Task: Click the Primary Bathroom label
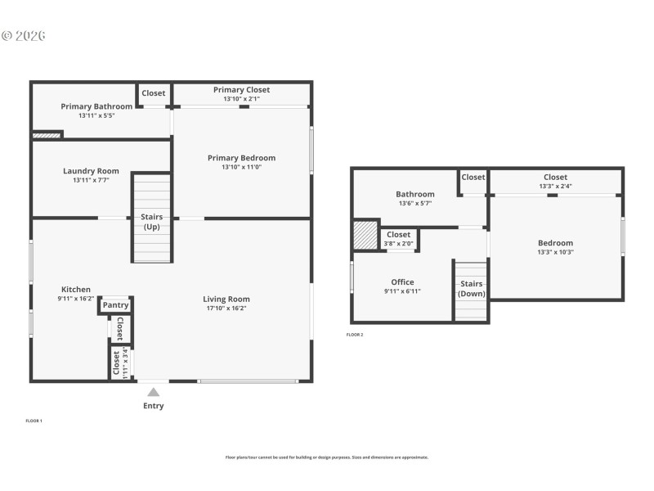click(x=96, y=106)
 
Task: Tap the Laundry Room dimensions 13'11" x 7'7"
click(x=91, y=180)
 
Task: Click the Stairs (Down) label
click(x=472, y=289)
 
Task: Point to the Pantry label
click(x=116, y=305)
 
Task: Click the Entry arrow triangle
click(x=153, y=392)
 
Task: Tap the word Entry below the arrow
click(x=153, y=406)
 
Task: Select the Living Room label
click(x=226, y=300)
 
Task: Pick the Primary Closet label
click(x=241, y=90)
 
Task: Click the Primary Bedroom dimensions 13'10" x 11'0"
click(x=241, y=167)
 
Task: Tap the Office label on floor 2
click(x=402, y=282)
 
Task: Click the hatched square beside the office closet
click(x=365, y=236)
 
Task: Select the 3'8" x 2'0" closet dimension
click(x=399, y=243)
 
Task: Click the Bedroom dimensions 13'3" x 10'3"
click(x=555, y=252)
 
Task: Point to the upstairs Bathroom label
click(x=415, y=195)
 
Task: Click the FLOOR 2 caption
click(x=355, y=335)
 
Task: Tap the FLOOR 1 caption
click(x=34, y=421)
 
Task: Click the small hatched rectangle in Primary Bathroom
click(x=47, y=134)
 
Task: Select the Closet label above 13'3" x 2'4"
click(x=555, y=177)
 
